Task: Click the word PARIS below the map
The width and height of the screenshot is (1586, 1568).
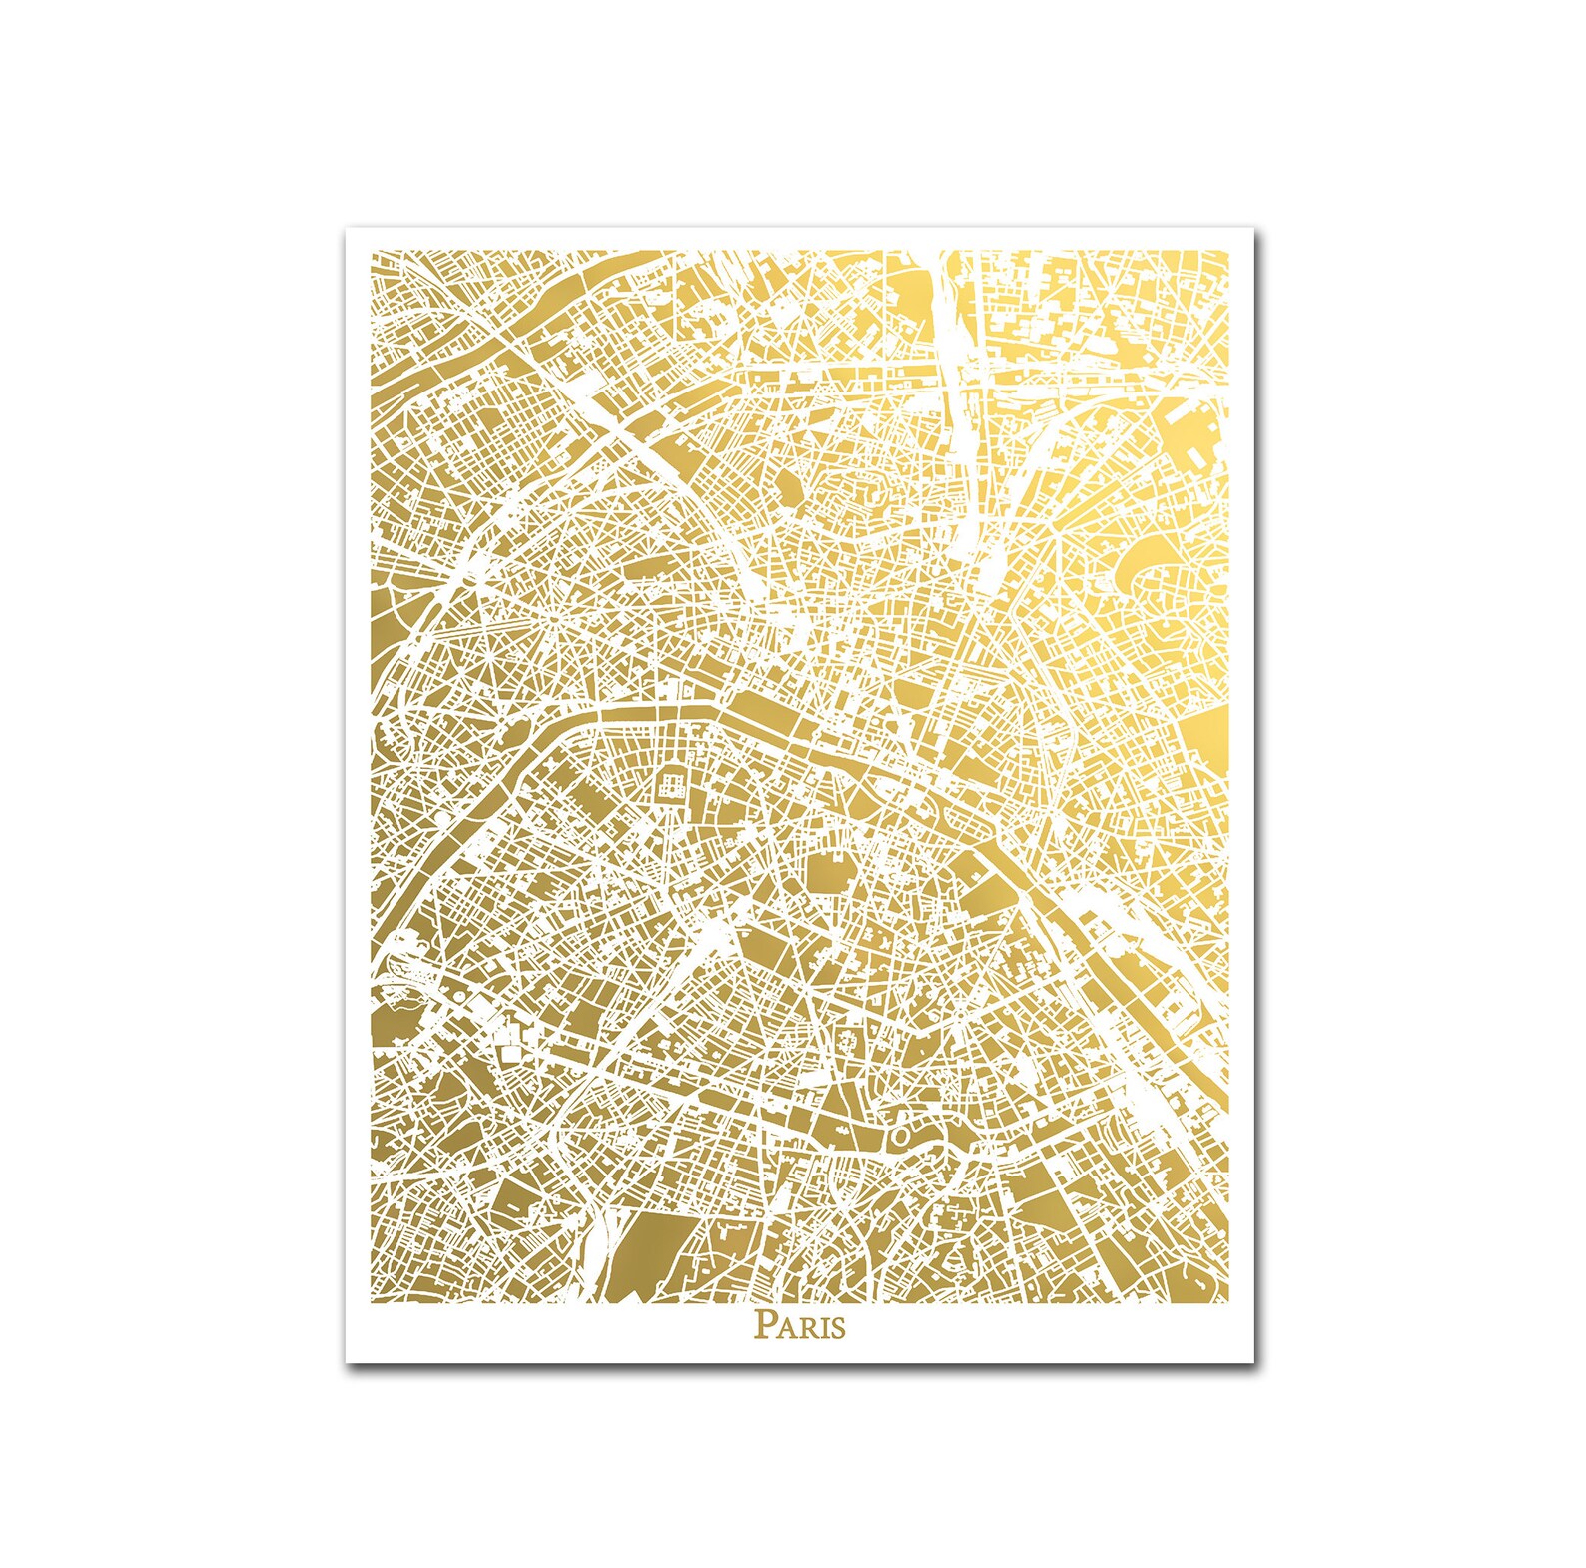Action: coord(799,1326)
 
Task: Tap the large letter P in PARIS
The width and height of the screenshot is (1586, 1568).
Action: coord(763,1325)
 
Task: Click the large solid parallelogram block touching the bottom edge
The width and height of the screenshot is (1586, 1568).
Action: coord(654,1256)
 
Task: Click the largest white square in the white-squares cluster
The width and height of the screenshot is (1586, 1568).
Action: coord(509,1053)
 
